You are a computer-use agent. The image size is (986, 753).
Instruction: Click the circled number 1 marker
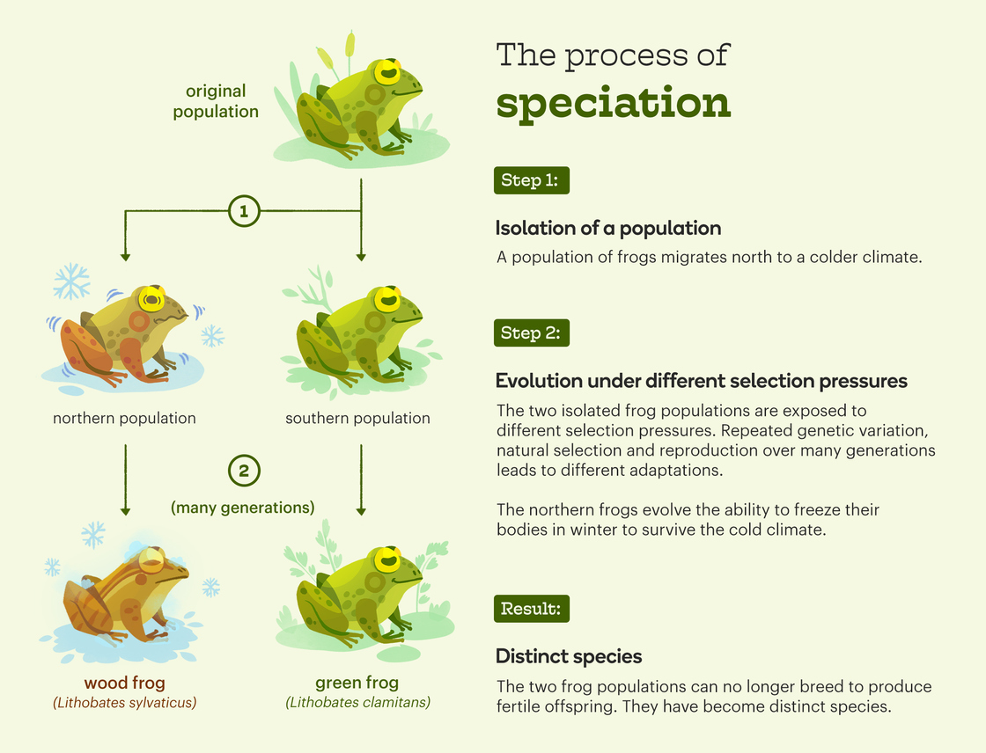(244, 211)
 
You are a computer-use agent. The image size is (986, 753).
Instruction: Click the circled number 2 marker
(244, 471)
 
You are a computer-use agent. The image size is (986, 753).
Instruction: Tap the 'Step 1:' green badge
(532, 180)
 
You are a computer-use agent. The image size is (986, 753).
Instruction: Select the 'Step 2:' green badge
(532, 333)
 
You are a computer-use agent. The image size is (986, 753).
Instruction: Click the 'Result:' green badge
(532, 609)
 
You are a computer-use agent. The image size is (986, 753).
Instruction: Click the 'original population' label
(216, 101)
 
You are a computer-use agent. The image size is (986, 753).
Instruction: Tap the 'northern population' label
(124, 418)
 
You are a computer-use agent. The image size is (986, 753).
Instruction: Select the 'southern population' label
(357, 418)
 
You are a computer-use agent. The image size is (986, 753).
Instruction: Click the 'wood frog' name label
(124, 683)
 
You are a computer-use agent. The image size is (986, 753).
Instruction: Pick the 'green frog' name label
(357, 683)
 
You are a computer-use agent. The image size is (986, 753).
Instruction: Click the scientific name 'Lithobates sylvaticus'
(124, 703)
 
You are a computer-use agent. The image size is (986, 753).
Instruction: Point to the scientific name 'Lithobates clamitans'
(357, 703)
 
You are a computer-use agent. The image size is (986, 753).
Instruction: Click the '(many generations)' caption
(243, 508)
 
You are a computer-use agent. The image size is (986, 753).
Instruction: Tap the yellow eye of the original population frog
(387, 72)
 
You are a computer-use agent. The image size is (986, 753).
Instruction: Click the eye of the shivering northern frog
(151, 299)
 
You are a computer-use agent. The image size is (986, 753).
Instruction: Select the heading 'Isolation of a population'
(608, 228)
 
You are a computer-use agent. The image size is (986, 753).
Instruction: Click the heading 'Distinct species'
(569, 656)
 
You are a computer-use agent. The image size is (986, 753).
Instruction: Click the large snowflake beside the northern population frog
(71, 281)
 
